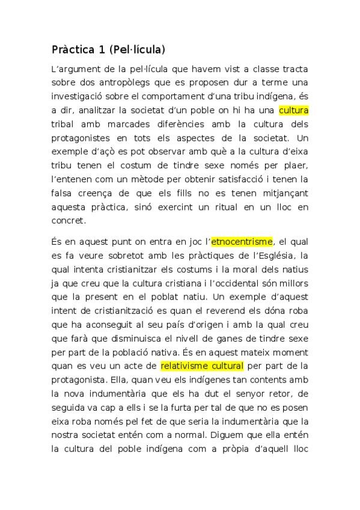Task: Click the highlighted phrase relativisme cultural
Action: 202,366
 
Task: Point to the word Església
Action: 276,256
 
